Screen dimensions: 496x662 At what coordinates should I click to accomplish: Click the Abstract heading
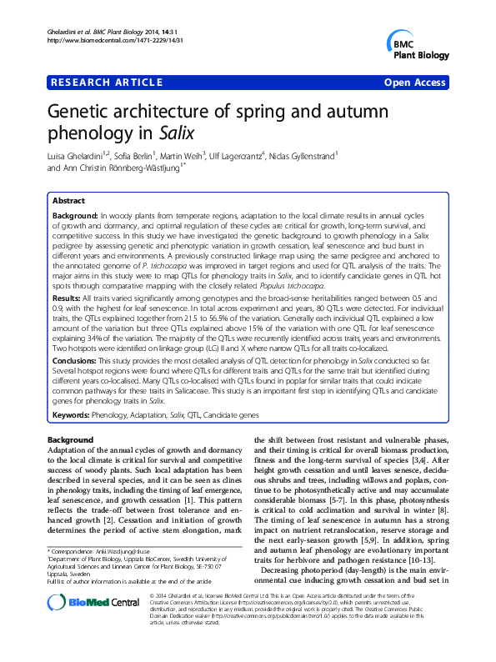click(68, 201)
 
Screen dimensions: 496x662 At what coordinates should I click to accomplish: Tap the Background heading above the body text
click(71, 440)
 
